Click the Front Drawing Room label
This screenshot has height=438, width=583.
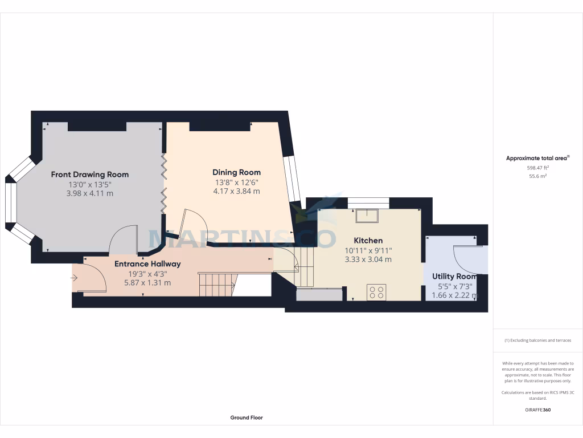click(90, 175)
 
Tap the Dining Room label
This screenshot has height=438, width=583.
click(236, 172)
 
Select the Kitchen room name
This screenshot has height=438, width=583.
click(368, 241)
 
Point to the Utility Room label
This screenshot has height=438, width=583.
click(454, 277)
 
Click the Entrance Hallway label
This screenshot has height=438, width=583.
click(147, 264)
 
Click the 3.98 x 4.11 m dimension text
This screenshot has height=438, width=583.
click(90, 193)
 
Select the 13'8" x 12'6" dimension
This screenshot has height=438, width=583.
click(236, 182)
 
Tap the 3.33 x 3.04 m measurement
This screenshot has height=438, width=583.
click(368, 259)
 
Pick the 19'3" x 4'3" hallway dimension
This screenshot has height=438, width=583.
click(147, 274)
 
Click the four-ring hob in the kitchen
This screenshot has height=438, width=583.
click(376, 292)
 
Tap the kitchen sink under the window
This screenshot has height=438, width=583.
click(367, 216)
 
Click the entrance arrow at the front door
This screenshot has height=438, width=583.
click(75, 278)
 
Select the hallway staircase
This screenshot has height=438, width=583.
click(217, 284)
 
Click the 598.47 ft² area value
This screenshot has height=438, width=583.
click(537, 168)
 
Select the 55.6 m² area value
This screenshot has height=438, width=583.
click(537, 177)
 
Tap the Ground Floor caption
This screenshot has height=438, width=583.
click(247, 417)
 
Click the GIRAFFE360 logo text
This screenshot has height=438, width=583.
click(537, 409)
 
